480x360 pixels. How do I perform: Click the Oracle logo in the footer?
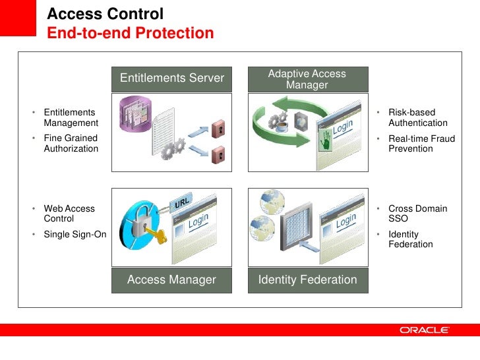click(x=425, y=330)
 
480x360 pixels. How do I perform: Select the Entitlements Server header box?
click(x=172, y=78)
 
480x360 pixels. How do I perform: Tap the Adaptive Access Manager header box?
click(x=307, y=79)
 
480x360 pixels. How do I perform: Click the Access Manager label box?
click(x=172, y=280)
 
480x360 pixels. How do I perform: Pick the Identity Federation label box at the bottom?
click(x=307, y=280)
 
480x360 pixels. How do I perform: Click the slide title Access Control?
click(x=105, y=15)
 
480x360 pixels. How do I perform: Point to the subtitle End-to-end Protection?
click(x=131, y=34)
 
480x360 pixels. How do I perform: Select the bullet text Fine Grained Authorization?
click(x=71, y=144)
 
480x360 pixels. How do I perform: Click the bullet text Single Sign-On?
click(x=75, y=234)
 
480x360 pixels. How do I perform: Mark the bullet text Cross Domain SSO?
click(x=417, y=214)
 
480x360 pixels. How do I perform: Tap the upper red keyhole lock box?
click(x=220, y=127)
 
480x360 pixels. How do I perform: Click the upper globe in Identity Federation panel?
click(x=272, y=200)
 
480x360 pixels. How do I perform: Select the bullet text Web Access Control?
click(x=69, y=214)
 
